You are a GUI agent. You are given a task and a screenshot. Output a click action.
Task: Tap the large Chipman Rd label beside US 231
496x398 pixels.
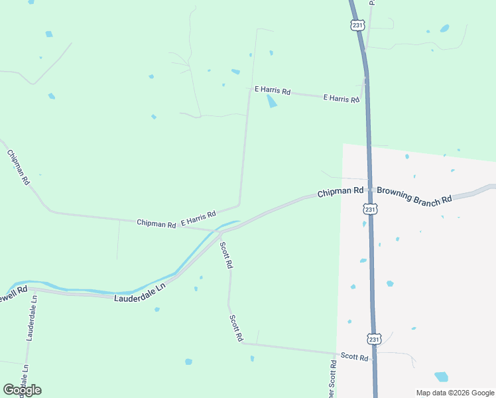340,192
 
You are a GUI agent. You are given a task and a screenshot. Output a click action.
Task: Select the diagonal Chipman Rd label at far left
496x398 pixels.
19,166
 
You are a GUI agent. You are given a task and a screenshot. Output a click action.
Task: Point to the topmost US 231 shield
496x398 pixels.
357,25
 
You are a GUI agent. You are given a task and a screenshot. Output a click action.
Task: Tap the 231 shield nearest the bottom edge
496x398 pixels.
375,339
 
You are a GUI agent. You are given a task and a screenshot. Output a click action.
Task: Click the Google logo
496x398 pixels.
22,390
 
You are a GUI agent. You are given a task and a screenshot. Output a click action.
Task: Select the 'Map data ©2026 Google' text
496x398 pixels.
454,393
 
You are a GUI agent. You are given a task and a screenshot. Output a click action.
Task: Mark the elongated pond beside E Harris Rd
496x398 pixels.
271,101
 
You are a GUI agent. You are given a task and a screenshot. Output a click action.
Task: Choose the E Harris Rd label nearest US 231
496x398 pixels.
341,99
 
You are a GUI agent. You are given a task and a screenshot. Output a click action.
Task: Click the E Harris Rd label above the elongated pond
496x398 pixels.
273,90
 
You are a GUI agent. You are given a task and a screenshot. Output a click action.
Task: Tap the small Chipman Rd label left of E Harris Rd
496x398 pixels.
156,224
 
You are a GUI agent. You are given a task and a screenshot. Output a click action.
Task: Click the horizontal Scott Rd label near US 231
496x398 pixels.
354,356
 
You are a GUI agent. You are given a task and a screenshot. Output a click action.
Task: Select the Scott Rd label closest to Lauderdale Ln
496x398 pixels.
226,255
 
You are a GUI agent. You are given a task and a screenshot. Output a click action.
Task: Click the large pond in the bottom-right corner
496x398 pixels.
441,377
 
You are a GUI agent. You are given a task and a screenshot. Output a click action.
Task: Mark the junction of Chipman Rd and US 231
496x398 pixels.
369,190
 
